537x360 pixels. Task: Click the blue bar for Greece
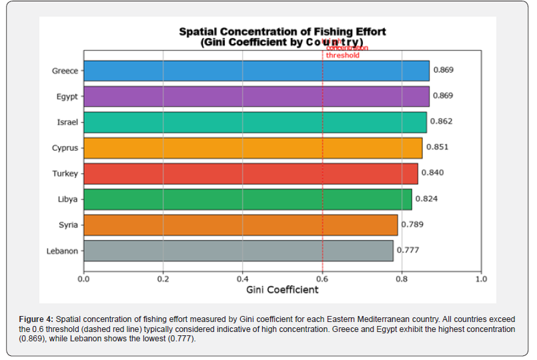(x=256, y=71)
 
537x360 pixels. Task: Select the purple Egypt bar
(x=256, y=96)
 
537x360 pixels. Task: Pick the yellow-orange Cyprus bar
(x=253, y=148)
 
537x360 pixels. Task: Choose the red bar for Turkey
(x=251, y=173)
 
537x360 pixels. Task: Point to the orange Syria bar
(x=240, y=225)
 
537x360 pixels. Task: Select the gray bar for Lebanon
(x=238, y=251)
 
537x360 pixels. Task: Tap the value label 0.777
(x=408, y=251)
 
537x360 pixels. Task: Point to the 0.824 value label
(x=426, y=199)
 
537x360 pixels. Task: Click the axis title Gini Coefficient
(x=282, y=290)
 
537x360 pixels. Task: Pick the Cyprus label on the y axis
(x=65, y=148)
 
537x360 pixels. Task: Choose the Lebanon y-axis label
(x=62, y=251)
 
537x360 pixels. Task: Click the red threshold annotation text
(x=343, y=51)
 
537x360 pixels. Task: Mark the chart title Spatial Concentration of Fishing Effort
(x=282, y=31)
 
